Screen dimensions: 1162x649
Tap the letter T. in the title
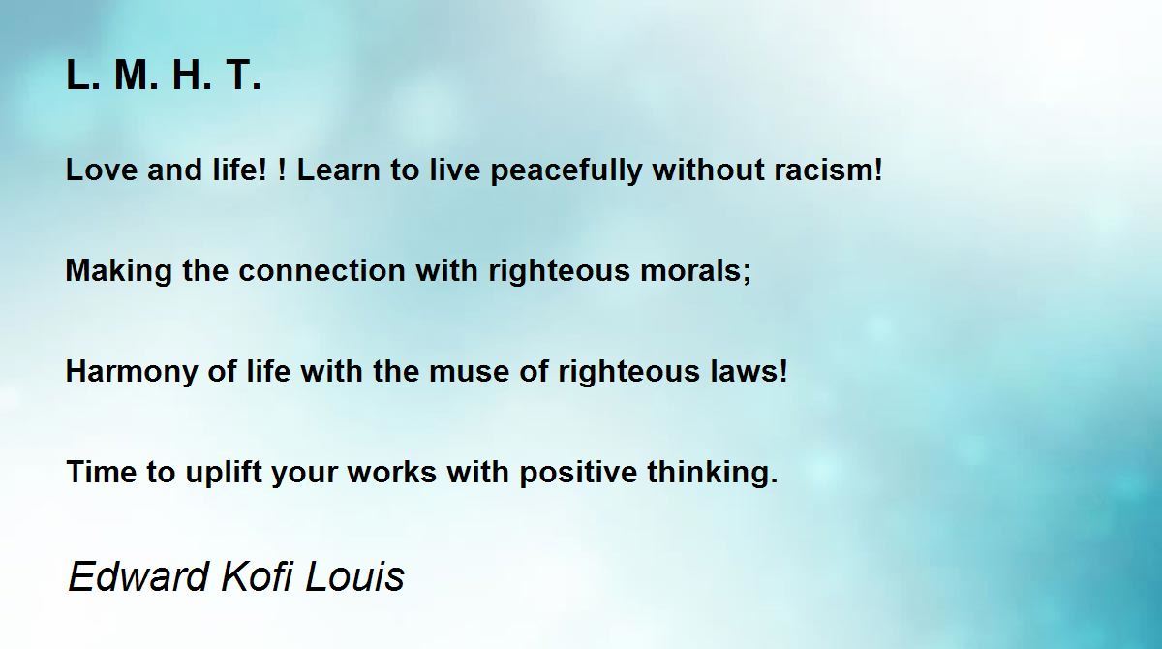tap(243, 76)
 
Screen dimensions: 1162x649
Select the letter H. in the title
tap(192, 76)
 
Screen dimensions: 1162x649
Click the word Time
tap(102, 472)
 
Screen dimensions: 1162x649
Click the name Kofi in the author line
tap(258, 575)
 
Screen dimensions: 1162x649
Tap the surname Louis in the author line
tap(354, 575)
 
